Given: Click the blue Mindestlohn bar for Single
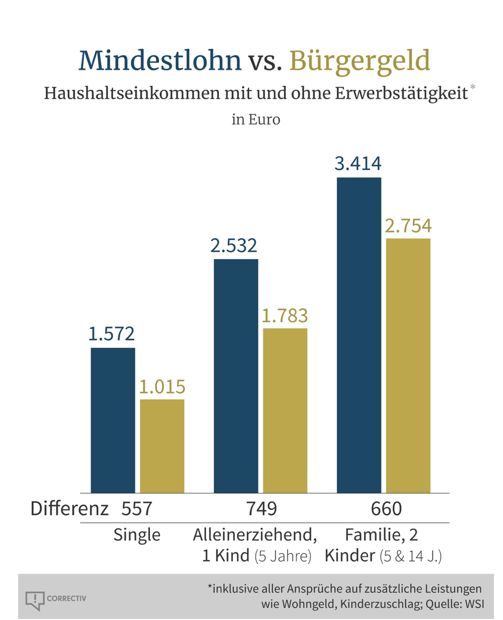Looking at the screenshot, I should tap(113, 420).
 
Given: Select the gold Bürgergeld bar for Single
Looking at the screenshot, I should tap(162, 446).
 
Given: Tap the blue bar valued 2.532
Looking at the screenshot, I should tap(236, 376).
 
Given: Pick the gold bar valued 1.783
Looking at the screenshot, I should tap(285, 410).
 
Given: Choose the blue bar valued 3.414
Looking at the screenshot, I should tap(359, 335).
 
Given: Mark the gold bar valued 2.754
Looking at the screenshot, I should tap(408, 365).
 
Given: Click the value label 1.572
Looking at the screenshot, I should tap(112, 334).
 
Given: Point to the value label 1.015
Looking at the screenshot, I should tap(162, 386).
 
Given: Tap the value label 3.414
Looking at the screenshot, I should tap(358, 164).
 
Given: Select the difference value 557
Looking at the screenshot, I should tap(136, 509).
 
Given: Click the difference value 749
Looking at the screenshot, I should tap(261, 509).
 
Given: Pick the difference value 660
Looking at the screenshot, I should tap(386, 509).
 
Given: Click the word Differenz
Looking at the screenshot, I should tap(69, 509).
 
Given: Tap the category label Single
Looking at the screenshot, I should tap(137, 535).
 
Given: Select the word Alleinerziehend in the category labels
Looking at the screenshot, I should tap(255, 535).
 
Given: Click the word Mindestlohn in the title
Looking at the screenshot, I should tap(160, 60).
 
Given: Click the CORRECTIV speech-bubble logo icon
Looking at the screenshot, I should tap(34, 600).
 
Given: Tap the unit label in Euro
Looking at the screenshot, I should tap(256, 120).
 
